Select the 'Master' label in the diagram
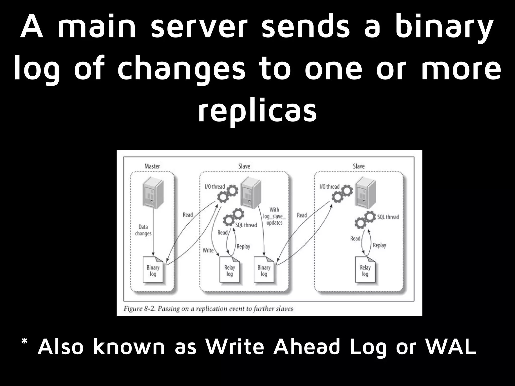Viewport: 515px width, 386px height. tap(152, 166)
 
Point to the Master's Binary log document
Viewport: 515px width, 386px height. tap(153, 270)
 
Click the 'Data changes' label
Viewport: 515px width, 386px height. tap(143, 230)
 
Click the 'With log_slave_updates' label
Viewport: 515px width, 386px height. tap(274, 216)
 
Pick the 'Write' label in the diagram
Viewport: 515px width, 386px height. tap(208, 250)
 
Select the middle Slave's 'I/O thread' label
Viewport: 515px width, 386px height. tap(215, 187)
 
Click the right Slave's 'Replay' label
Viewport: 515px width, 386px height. tap(379, 245)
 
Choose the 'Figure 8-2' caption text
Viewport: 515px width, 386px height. tap(208, 309)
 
